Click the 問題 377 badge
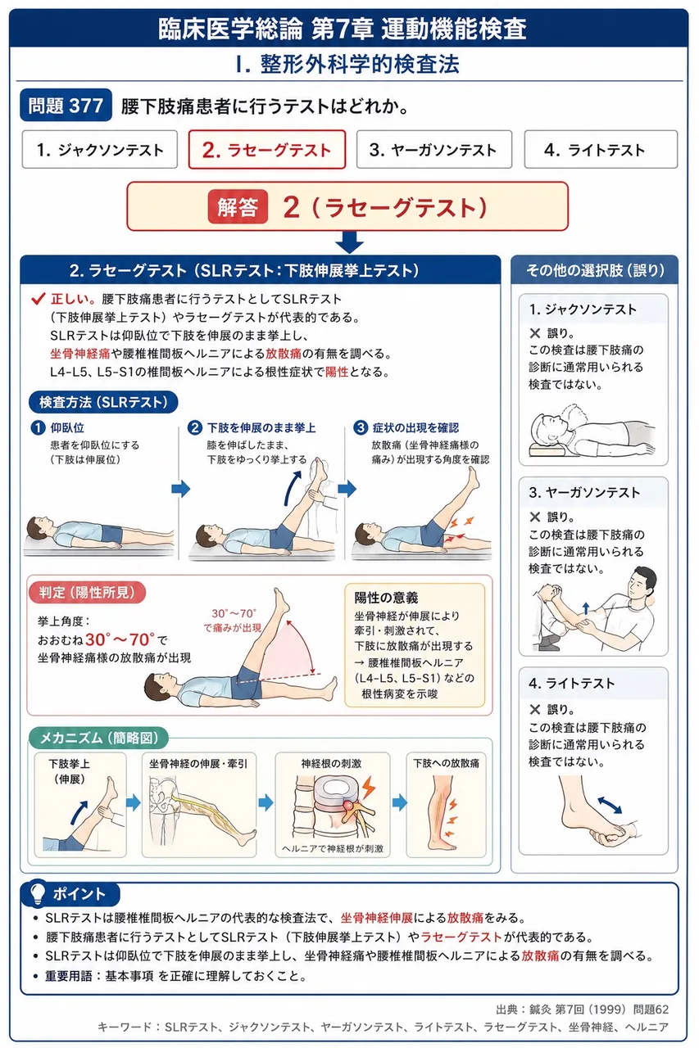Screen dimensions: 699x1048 click(x=66, y=106)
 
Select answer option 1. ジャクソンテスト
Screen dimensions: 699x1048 click(x=100, y=150)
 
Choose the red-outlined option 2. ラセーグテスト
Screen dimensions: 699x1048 click(x=267, y=150)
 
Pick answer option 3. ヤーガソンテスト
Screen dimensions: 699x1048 click(x=434, y=150)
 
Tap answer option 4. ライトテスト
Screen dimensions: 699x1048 click(x=601, y=150)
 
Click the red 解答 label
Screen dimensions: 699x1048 click(x=238, y=207)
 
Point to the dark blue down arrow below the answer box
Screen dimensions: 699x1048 click(x=349, y=242)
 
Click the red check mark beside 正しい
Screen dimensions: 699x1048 click(x=38, y=299)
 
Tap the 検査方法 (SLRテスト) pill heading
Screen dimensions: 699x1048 click(x=103, y=402)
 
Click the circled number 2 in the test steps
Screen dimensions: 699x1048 click(x=194, y=427)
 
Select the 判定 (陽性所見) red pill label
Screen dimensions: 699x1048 click(x=87, y=592)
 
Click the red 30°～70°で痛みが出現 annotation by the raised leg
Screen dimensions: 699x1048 click(x=233, y=621)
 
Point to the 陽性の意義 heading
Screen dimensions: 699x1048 click(x=386, y=598)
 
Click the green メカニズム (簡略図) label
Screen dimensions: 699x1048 click(x=99, y=738)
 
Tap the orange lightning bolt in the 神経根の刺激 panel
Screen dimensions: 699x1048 click(x=369, y=787)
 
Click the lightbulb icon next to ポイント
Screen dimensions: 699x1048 click(x=38, y=892)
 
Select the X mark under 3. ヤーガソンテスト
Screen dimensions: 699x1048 click(x=534, y=517)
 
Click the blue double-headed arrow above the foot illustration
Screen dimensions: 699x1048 click(x=610, y=805)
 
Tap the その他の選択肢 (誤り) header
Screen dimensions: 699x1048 click(x=595, y=270)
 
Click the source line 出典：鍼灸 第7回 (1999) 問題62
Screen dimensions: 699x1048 click(x=583, y=1010)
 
